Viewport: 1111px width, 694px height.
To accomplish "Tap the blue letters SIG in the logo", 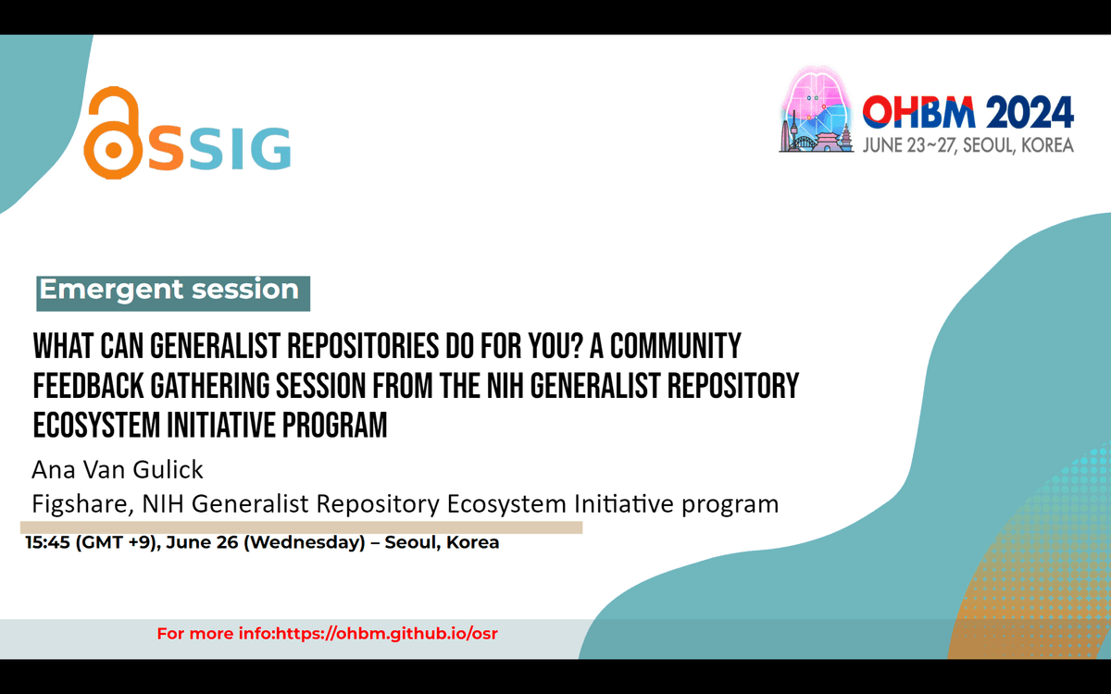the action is pos(238,149).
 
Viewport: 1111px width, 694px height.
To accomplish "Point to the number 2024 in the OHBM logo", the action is pos(1030,112).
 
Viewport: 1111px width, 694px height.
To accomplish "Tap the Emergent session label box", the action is pos(173,293).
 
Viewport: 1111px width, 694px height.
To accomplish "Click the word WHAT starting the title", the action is pos(63,346).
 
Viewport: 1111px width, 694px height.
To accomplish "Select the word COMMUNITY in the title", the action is pos(676,346).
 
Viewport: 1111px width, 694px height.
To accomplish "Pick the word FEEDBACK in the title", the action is pos(88,386).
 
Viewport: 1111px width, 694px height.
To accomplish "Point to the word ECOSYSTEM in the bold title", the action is pos(95,426).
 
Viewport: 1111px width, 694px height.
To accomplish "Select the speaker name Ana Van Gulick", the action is pos(118,470).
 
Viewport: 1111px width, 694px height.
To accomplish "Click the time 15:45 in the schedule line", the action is pos(47,542).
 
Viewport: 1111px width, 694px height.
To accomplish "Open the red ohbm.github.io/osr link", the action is pos(386,634).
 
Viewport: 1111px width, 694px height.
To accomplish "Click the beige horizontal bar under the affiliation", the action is pos(301,527).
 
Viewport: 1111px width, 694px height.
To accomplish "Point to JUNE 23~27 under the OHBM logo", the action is pos(909,145).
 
